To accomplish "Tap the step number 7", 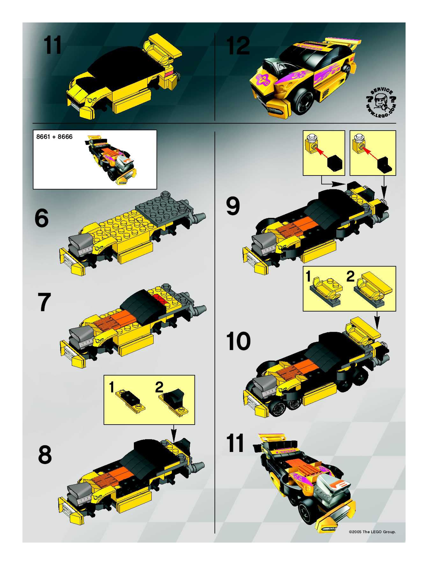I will [x=44, y=302].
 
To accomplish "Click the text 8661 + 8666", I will [x=54, y=137].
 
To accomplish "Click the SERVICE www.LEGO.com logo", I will [x=381, y=103].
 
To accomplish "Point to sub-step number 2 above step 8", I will [x=159, y=388].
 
